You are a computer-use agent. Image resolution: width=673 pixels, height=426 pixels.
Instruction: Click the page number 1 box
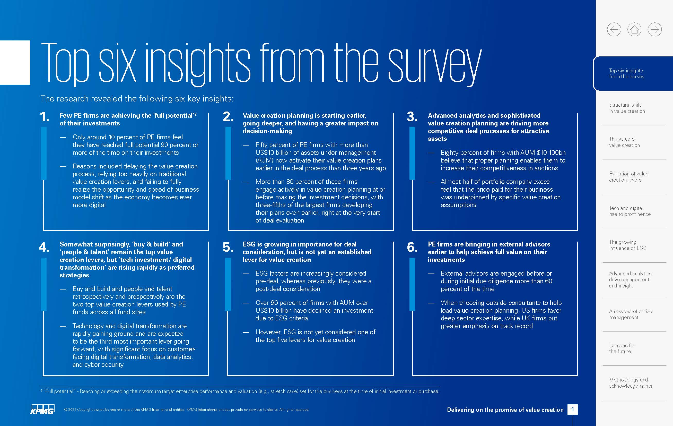[x=572, y=410]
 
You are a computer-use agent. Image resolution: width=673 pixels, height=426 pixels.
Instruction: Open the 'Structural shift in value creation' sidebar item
[x=627, y=108]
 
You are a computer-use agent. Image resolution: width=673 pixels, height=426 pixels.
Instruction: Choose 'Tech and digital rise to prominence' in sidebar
[x=630, y=211]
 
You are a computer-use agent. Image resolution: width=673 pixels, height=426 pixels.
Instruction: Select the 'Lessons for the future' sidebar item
[x=622, y=348]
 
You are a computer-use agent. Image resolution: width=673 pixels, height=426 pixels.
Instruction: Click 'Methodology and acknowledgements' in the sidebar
[x=631, y=383]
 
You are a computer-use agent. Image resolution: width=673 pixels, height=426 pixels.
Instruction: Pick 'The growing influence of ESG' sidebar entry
[x=627, y=245]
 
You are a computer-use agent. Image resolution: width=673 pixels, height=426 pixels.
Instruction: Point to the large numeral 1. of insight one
[x=45, y=117]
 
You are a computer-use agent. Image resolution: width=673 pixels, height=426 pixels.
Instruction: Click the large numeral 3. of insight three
[x=412, y=117]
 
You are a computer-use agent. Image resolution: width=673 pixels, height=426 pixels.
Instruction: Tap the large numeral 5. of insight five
[x=228, y=248]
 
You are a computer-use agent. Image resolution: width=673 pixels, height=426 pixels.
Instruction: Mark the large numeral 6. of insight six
[x=412, y=248]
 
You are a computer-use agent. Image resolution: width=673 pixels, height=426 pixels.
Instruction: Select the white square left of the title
[x=15, y=62]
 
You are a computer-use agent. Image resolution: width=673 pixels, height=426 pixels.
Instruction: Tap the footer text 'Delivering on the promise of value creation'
[x=505, y=410]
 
